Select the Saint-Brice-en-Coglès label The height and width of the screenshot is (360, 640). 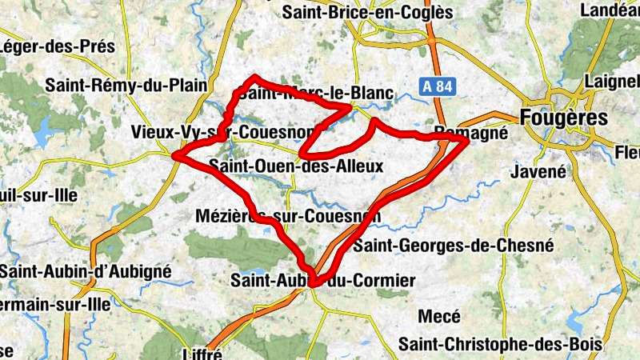point(367,12)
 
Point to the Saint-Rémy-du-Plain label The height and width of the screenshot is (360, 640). point(126,85)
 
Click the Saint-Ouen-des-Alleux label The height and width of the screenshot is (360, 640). point(295,166)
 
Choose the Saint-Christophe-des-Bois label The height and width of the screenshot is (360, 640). point(500,344)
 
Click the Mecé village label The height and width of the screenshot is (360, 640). point(438,317)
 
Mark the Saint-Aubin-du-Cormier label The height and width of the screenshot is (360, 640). point(322,280)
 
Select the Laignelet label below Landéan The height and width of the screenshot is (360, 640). point(614,82)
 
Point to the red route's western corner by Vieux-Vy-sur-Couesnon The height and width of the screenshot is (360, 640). point(177,154)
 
